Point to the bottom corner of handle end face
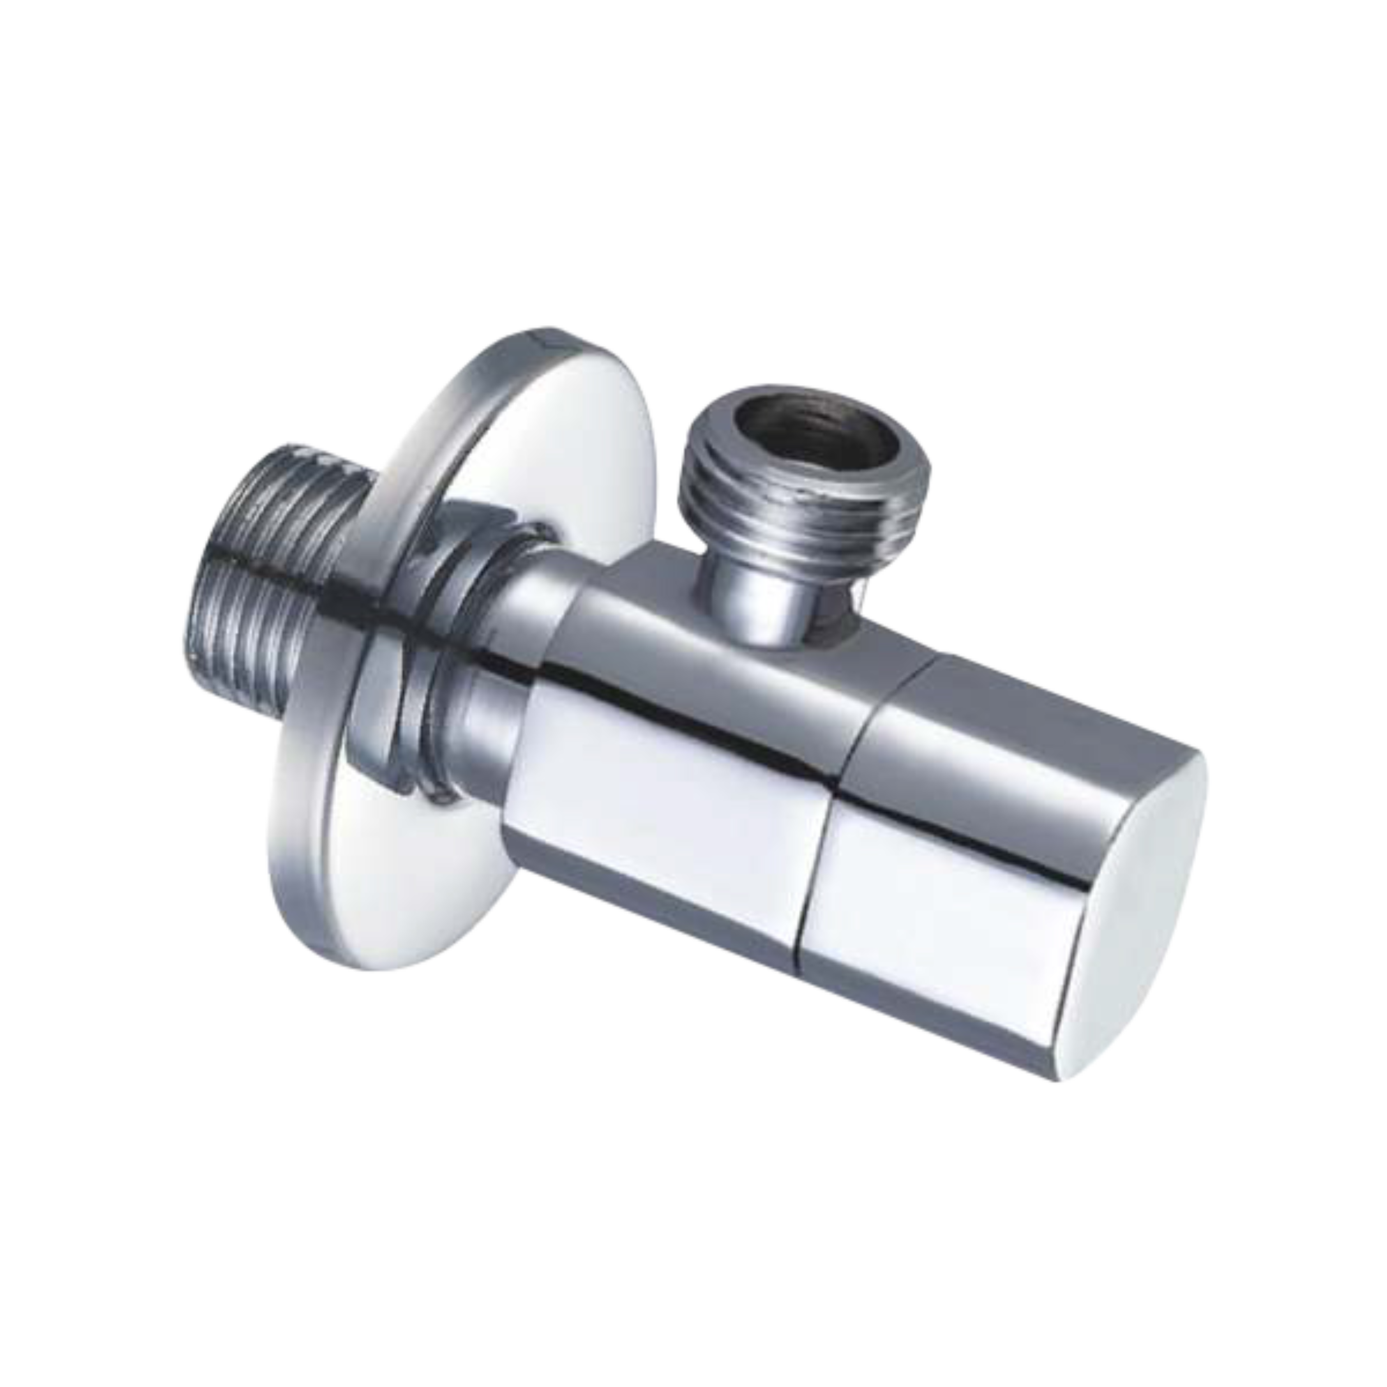[x=1062, y=1077]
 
